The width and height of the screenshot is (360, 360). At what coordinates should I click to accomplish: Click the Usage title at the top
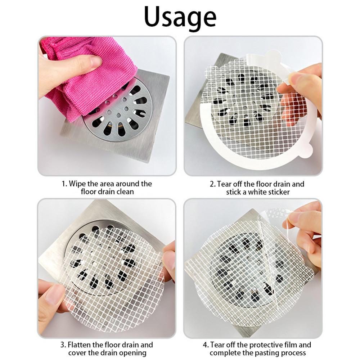180,17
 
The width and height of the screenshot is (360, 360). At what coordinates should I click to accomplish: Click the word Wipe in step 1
77,184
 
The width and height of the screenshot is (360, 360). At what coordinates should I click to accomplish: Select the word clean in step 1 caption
125,192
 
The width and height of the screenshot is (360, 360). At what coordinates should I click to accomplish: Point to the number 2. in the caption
213,184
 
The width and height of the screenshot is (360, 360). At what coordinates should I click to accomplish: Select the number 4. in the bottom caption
206,345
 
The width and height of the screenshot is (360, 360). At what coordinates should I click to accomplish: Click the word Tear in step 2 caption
224,184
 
